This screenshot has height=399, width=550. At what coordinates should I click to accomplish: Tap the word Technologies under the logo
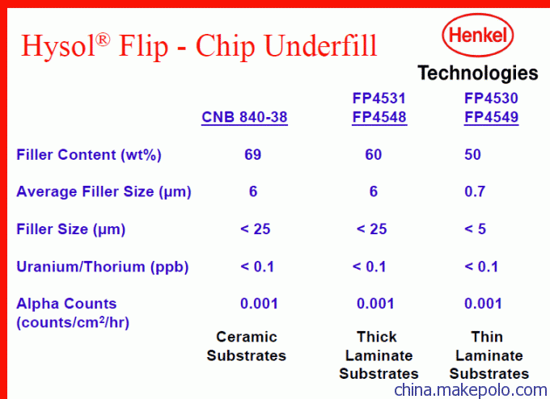pos(478,73)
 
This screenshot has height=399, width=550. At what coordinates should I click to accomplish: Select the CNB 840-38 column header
pos(244,117)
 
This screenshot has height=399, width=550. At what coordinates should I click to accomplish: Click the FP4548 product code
pos(379,117)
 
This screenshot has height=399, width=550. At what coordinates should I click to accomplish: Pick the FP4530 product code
pos(491,98)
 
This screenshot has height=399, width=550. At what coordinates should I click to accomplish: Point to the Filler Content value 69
pos(253,154)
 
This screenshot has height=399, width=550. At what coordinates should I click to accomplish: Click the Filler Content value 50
pos(472,154)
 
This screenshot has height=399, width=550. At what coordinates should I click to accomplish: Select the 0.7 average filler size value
pos(475,191)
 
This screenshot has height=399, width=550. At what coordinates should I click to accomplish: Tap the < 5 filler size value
pos(476,229)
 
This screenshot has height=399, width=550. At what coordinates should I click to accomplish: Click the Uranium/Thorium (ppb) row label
pos(103,267)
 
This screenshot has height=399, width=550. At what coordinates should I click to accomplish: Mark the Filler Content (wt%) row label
pos(89,155)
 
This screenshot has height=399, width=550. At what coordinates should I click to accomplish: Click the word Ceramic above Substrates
pos(247,337)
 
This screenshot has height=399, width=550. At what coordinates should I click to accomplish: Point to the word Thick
pos(377,337)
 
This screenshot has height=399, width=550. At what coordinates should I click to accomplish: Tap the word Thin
pos(487,337)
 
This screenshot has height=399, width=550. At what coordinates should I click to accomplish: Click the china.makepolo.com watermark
pos(471,390)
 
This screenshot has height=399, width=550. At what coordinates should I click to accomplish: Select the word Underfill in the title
pos(321,45)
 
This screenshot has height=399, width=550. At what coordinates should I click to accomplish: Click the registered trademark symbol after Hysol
pos(103,40)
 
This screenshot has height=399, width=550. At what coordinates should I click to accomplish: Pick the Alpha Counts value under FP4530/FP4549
pos(483,304)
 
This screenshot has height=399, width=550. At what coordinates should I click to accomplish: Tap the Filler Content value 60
pos(374,154)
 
